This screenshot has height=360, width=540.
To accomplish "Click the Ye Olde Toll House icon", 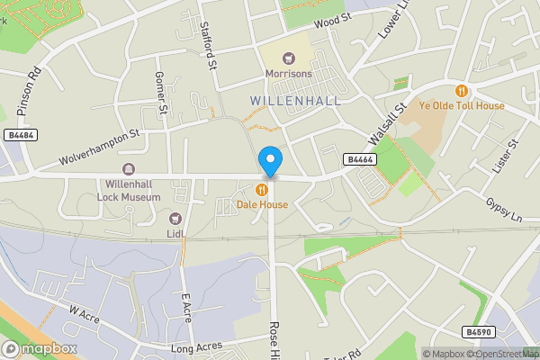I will pyautogui.click(x=462, y=90).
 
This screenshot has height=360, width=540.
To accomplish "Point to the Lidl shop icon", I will pyautogui.click(x=175, y=219).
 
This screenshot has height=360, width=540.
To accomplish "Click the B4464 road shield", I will pyautogui.click(x=360, y=159).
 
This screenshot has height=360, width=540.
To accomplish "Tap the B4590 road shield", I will pyautogui.click(x=480, y=332).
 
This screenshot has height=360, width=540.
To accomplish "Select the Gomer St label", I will pyautogui.click(x=162, y=94).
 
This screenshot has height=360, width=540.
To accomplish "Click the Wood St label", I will pyautogui.click(x=331, y=21).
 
